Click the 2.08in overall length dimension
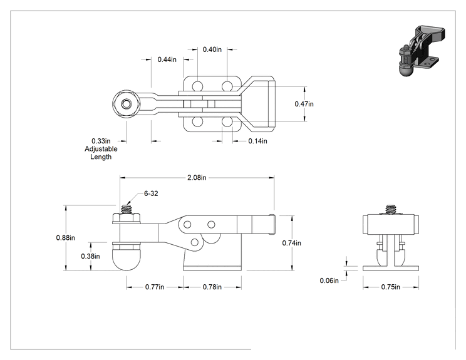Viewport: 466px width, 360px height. [197, 178]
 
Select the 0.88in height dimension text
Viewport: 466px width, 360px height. [65, 238]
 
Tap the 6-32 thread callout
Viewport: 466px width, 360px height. [151, 193]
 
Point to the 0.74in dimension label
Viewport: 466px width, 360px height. [291, 243]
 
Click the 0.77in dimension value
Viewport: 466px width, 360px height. [155, 287]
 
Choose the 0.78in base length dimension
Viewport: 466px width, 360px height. [212, 287]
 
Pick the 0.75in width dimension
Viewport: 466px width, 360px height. [390, 287]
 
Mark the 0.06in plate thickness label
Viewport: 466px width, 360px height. [329, 280]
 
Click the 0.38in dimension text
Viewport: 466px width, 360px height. [90, 256]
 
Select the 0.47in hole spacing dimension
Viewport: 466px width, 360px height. [304, 104]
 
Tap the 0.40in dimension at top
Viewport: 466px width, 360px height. [212, 49]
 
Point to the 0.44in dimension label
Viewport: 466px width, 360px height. [167, 59]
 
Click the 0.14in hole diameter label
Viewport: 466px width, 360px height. [257, 141]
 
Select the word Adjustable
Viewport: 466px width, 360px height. [101, 149]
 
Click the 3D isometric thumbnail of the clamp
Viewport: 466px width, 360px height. [422, 51]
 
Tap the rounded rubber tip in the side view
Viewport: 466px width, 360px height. [127, 257]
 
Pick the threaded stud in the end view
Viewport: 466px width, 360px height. [391, 209]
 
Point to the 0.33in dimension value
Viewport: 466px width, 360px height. [101, 141]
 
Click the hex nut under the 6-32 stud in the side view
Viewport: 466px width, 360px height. [127, 219]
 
